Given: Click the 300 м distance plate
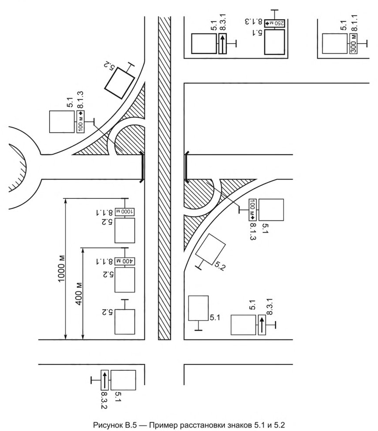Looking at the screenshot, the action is pos(354,44).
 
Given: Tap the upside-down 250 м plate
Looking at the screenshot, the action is pos(275,23).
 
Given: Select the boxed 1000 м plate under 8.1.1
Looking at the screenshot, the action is pos(125,212).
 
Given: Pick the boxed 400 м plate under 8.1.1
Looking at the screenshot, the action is pos(125,261).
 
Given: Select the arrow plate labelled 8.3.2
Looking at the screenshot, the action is pos(104,380).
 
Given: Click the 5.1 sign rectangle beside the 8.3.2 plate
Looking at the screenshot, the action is pos(123,380).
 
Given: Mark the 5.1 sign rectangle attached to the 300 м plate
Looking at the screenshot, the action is pos(335,44).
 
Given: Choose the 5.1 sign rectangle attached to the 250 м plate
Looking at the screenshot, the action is pos(275,42).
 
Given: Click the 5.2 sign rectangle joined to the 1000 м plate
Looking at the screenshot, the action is pos(125,230).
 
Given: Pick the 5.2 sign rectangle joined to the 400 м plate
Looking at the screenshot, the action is pos(125,280).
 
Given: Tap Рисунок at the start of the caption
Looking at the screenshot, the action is pos(107,425).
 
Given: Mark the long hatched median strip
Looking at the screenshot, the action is pos(164,178).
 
